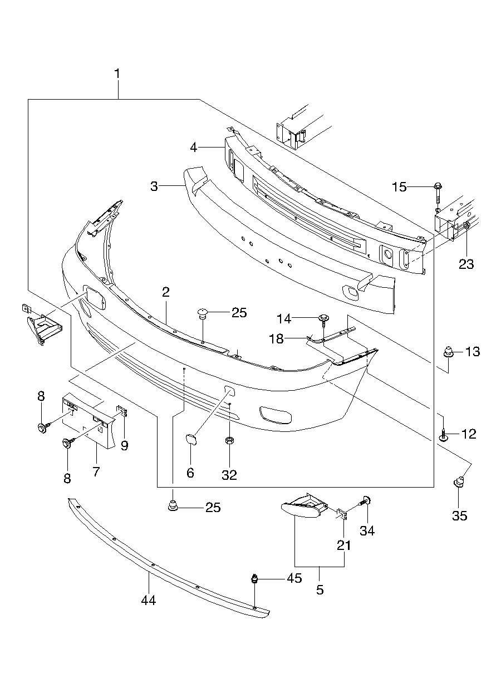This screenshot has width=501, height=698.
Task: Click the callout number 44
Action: [x=148, y=601]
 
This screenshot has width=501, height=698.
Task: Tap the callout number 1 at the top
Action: [x=117, y=73]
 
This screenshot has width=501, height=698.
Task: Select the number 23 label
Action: [x=466, y=264]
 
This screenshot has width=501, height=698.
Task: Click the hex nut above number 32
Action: [x=229, y=441]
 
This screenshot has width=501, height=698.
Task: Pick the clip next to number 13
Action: [x=447, y=352]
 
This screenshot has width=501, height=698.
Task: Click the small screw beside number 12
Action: [x=443, y=434]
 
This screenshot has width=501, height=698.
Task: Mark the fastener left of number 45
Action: [x=255, y=579]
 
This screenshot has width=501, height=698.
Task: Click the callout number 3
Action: [x=154, y=186]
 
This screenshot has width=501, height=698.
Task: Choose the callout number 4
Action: [x=193, y=148]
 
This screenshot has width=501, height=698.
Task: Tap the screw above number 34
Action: [x=366, y=501]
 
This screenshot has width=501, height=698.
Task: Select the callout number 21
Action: [x=344, y=545]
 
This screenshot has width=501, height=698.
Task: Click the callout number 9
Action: [x=124, y=445]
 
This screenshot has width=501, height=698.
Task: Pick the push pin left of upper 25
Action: [x=203, y=315]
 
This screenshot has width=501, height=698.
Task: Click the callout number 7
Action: [x=96, y=472]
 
